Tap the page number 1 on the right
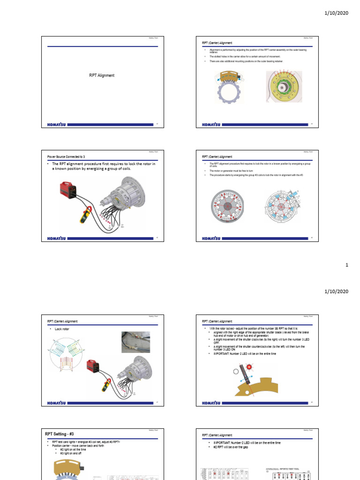[347, 265]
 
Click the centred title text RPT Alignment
[102, 75]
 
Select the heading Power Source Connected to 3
[66, 156]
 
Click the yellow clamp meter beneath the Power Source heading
[85, 215]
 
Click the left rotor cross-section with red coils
[227, 207]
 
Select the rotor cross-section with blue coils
[283, 207]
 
